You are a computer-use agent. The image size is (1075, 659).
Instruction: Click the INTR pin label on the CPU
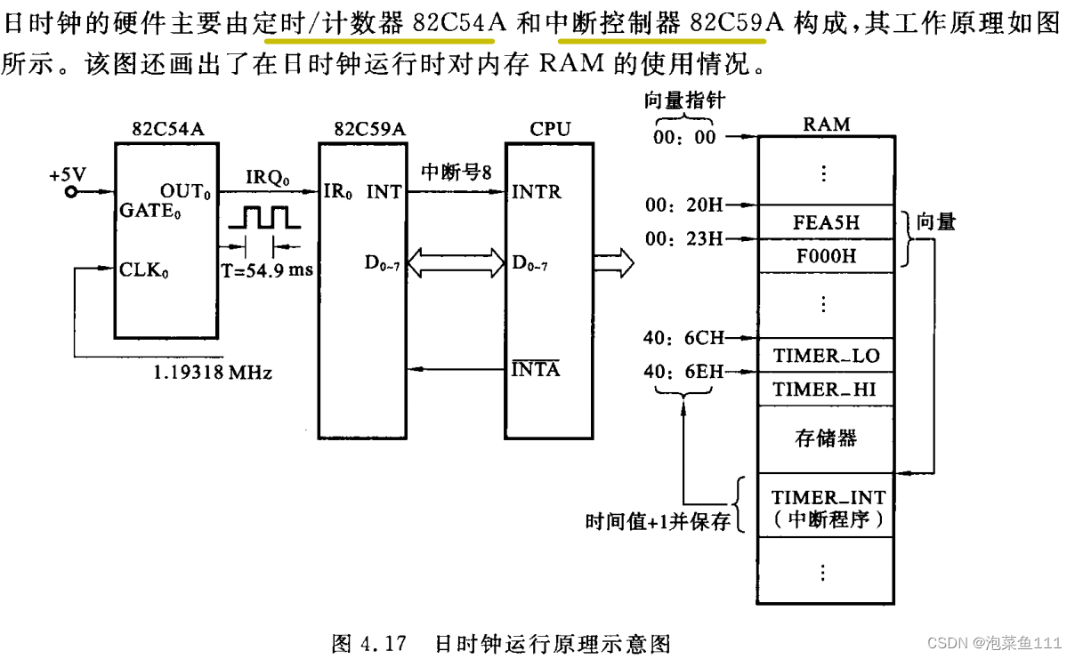tap(536, 191)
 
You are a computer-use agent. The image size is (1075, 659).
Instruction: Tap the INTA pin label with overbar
tap(536, 368)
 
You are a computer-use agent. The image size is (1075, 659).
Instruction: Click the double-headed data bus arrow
tap(455, 264)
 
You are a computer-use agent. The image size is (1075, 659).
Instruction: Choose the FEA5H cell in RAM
tap(826, 222)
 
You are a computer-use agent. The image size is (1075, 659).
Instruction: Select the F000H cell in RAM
tap(826, 256)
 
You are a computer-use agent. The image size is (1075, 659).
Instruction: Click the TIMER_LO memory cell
tap(826, 357)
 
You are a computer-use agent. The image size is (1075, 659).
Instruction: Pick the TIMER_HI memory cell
tap(826, 390)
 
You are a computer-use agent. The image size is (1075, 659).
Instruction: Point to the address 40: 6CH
tap(683, 338)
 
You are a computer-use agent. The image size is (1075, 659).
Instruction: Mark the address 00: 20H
tap(683, 205)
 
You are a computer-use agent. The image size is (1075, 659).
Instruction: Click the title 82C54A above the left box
tap(167, 129)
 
